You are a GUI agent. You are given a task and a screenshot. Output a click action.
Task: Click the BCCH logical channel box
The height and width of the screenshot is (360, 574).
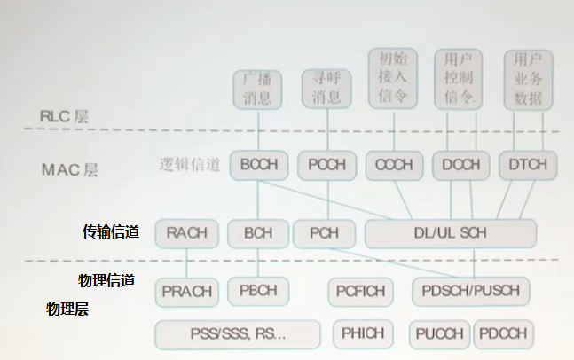coord(258,164)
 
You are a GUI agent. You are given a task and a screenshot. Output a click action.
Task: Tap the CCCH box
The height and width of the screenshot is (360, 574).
coord(394,164)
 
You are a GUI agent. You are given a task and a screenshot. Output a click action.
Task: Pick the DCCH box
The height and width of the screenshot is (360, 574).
coord(461,164)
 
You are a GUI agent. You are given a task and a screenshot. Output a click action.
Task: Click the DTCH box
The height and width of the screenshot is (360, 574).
coord(529,164)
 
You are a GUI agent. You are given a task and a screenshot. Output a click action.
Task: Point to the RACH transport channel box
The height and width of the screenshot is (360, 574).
coord(186,232)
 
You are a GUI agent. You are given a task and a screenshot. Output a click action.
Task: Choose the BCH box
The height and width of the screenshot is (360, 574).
coord(258,232)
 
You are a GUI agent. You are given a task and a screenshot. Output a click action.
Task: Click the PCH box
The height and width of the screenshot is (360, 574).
coord(324,232)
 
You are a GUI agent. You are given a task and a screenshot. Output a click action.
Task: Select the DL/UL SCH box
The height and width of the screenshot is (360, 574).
coord(451,232)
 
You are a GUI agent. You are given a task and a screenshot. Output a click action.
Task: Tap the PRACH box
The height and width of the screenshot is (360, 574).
coord(187,291)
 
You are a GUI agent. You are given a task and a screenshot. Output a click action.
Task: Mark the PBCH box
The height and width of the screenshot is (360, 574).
coord(258,290)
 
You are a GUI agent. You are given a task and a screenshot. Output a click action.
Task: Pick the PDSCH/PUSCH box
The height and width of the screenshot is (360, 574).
coord(471,290)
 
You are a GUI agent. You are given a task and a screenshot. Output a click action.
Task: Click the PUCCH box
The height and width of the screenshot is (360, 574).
coord(438,334)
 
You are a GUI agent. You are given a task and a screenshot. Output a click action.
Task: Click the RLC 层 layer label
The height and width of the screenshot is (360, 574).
coord(65,116)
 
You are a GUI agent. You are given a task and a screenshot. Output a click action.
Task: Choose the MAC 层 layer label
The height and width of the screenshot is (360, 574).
coord(70,168)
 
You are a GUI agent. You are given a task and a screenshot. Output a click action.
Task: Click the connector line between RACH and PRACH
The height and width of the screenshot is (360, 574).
coord(186,262)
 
